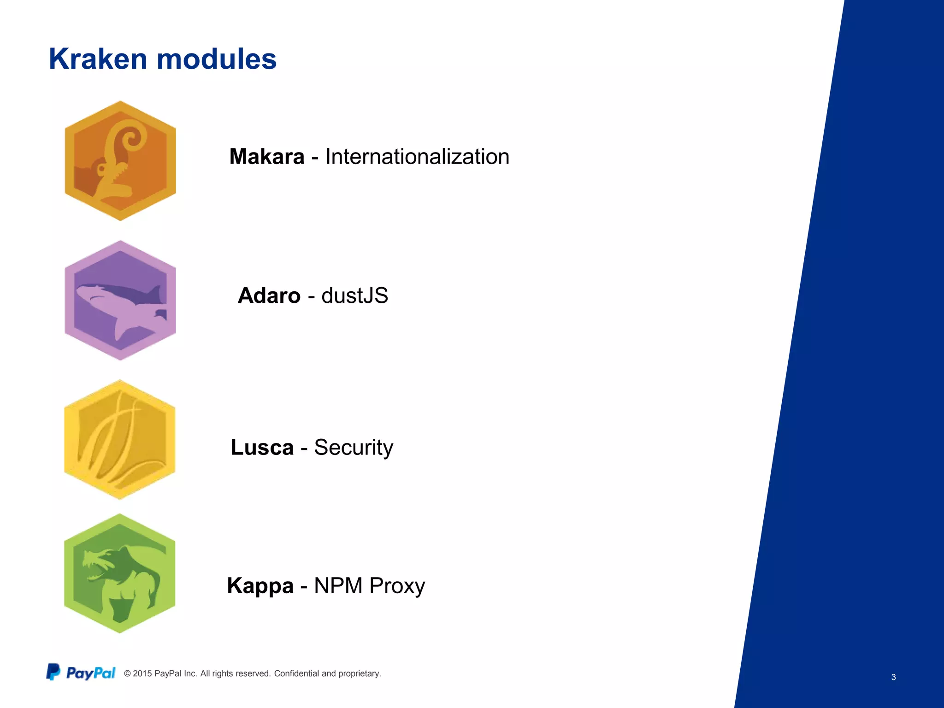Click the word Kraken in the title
point(98,59)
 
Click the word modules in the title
point(216,59)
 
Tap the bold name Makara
point(267,157)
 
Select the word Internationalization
point(417,157)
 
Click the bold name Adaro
point(269,296)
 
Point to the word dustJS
point(354,296)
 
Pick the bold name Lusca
point(262,448)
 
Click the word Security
point(354,448)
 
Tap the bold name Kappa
point(260,586)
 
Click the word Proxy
point(397,586)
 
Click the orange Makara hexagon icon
point(120,161)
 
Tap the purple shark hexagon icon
point(120,300)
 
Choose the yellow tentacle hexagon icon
point(120,440)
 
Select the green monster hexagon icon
point(120,573)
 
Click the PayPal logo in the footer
point(81,673)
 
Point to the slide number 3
point(893,677)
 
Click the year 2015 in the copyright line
point(142,673)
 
